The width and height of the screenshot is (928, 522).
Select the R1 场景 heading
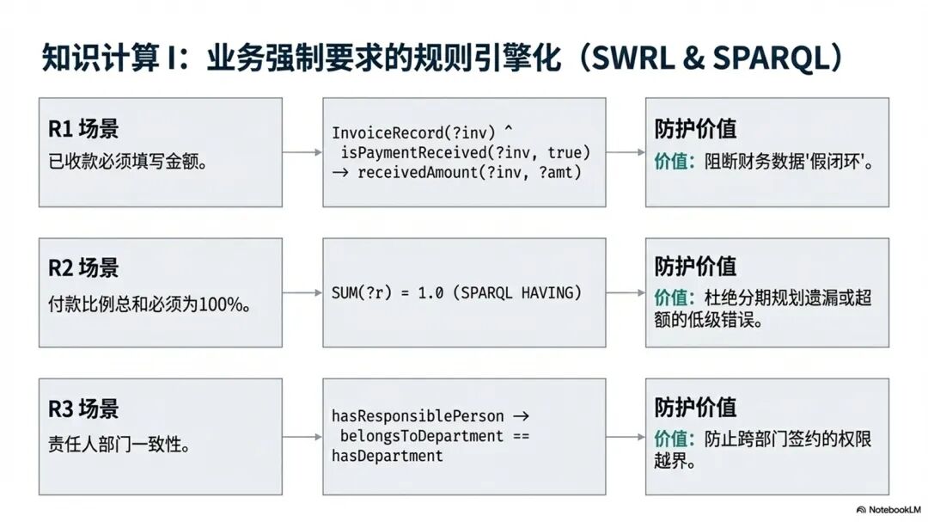[x=83, y=129]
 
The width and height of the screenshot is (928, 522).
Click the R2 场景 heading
[x=83, y=268]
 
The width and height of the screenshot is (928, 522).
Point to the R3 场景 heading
[x=83, y=408]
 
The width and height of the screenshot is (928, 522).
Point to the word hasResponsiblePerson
[x=418, y=416]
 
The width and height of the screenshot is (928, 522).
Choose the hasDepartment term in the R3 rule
[x=387, y=456]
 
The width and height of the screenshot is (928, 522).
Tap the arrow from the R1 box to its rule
[x=302, y=153]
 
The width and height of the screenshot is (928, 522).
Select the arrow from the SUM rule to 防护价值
[x=625, y=293]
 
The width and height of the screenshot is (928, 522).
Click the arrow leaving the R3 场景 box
[x=302, y=436]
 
